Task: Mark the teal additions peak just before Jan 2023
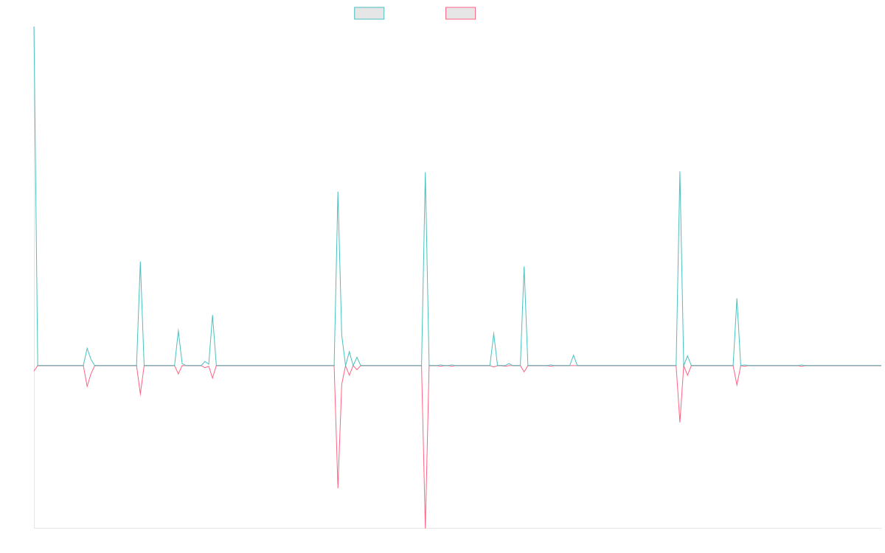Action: pos(338,192)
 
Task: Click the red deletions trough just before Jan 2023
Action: pos(338,488)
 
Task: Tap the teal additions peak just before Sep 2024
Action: pos(679,172)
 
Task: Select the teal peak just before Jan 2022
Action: pos(140,262)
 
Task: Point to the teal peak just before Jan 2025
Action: pos(737,299)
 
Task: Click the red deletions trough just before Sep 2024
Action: pos(679,421)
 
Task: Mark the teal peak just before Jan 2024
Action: pos(524,267)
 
